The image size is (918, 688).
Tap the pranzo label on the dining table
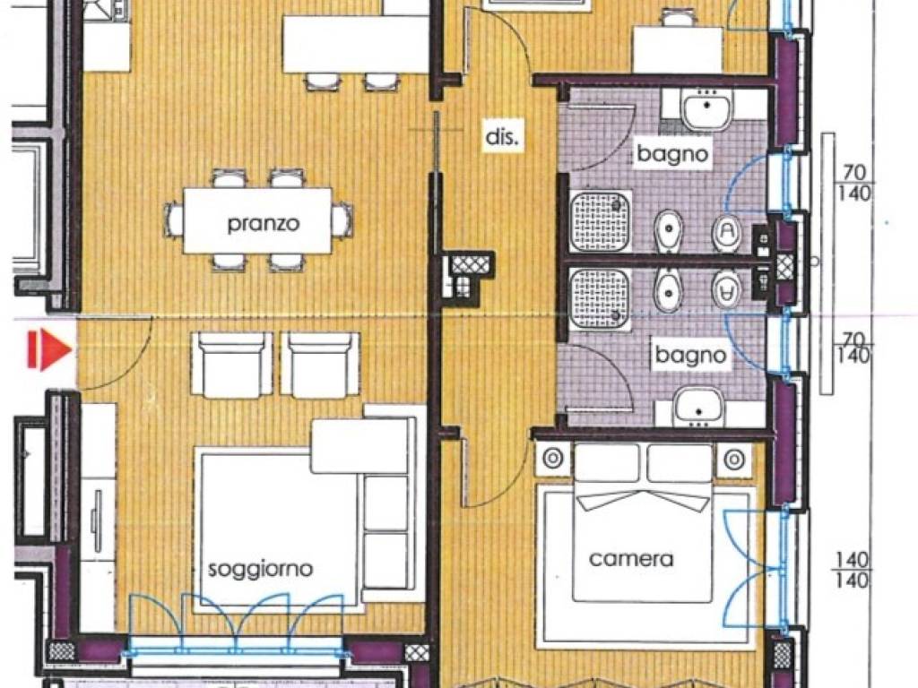pos(264,223)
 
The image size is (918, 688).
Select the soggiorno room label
pos(261,569)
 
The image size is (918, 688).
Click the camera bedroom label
pos(631,559)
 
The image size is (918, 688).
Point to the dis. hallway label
pos(502,137)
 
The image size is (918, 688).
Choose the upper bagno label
pos(672,154)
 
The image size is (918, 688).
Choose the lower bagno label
pos(691,355)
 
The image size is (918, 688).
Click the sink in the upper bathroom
pos(706,109)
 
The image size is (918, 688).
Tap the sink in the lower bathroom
pos(699,408)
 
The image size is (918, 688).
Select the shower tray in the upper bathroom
pos(600,221)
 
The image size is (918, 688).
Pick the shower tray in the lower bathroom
pos(600,298)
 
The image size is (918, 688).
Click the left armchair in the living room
pos(232,365)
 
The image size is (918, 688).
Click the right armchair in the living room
pos(321,365)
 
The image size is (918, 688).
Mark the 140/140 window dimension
pos(852,569)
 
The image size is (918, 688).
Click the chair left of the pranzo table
pos(173,219)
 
